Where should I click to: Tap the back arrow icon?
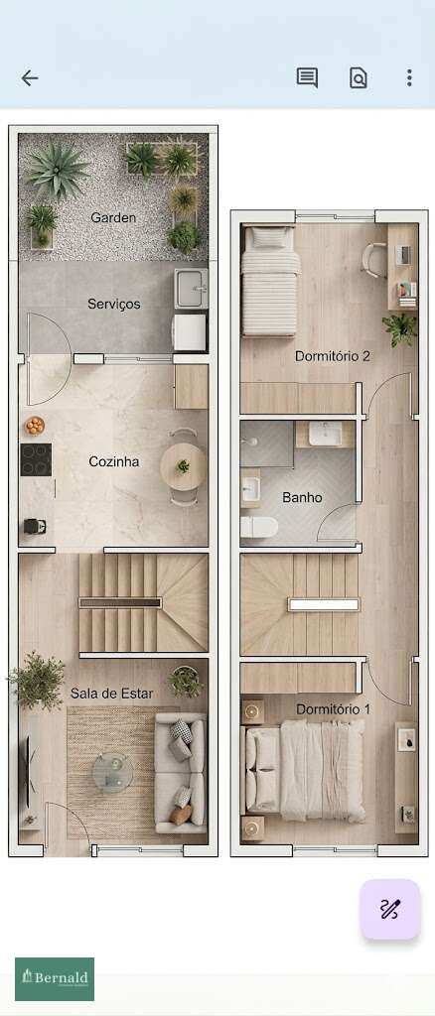pyautogui.click(x=30, y=78)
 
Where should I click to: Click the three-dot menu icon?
pyautogui.click(x=409, y=78)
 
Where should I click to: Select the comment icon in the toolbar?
pyautogui.click(x=307, y=78)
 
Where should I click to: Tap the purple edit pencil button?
pyautogui.click(x=389, y=909)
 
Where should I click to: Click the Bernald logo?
pyautogui.click(x=55, y=978)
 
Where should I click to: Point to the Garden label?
pyautogui.click(x=113, y=217)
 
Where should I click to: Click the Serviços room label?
pyautogui.click(x=113, y=304)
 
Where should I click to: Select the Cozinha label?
pyautogui.click(x=113, y=461)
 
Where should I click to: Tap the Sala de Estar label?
pyautogui.click(x=111, y=693)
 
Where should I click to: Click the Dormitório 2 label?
pyautogui.click(x=333, y=355)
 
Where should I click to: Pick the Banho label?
pyautogui.click(x=302, y=497)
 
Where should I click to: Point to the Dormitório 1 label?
pyautogui.click(x=333, y=709)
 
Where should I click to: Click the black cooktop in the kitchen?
pyautogui.click(x=36, y=459)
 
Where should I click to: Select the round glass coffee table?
pyautogui.click(x=112, y=768)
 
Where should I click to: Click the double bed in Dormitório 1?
pyautogui.click(x=308, y=769)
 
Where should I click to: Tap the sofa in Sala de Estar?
pyautogui.click(x=182, y=772)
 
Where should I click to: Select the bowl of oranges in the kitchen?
pyautogui.click(x=35, y=426)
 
